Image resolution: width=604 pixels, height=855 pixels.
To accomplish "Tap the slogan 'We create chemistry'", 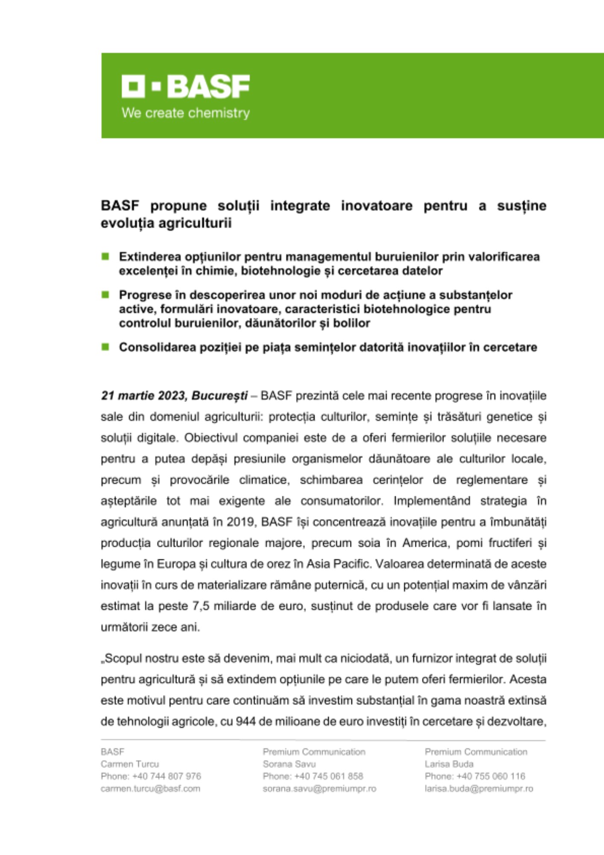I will tap(185, 113).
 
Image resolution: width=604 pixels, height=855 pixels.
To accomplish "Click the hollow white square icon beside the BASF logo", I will tap(132, 86).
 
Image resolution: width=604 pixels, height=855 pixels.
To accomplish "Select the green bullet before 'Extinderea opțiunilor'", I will tap(105, 256).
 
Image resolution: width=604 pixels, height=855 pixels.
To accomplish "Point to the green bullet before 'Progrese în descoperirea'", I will tap(105, 295).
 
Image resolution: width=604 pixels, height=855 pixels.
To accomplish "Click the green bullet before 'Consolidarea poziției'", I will tap(105, 347).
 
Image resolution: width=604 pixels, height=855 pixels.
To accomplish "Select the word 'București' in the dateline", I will tap(220, 395).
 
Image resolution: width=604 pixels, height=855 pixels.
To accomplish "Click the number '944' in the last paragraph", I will tap(246, 722).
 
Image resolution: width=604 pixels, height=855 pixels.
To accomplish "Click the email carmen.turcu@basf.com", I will tap(150, 789).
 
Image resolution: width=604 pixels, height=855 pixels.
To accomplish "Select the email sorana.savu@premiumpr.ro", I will tap(320, 789).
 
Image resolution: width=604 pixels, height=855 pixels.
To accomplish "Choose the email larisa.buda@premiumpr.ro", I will tap(479, 789).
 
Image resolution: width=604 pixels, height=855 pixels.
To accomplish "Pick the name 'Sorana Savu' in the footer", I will tap(289, 764).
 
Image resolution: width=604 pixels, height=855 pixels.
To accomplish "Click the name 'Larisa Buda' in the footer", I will tap(449, 764).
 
